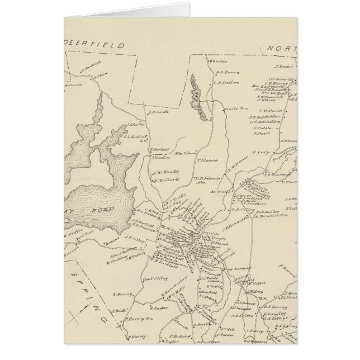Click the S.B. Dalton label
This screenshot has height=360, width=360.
click(226, 82)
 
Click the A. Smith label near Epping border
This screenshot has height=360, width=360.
click(119, 311)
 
